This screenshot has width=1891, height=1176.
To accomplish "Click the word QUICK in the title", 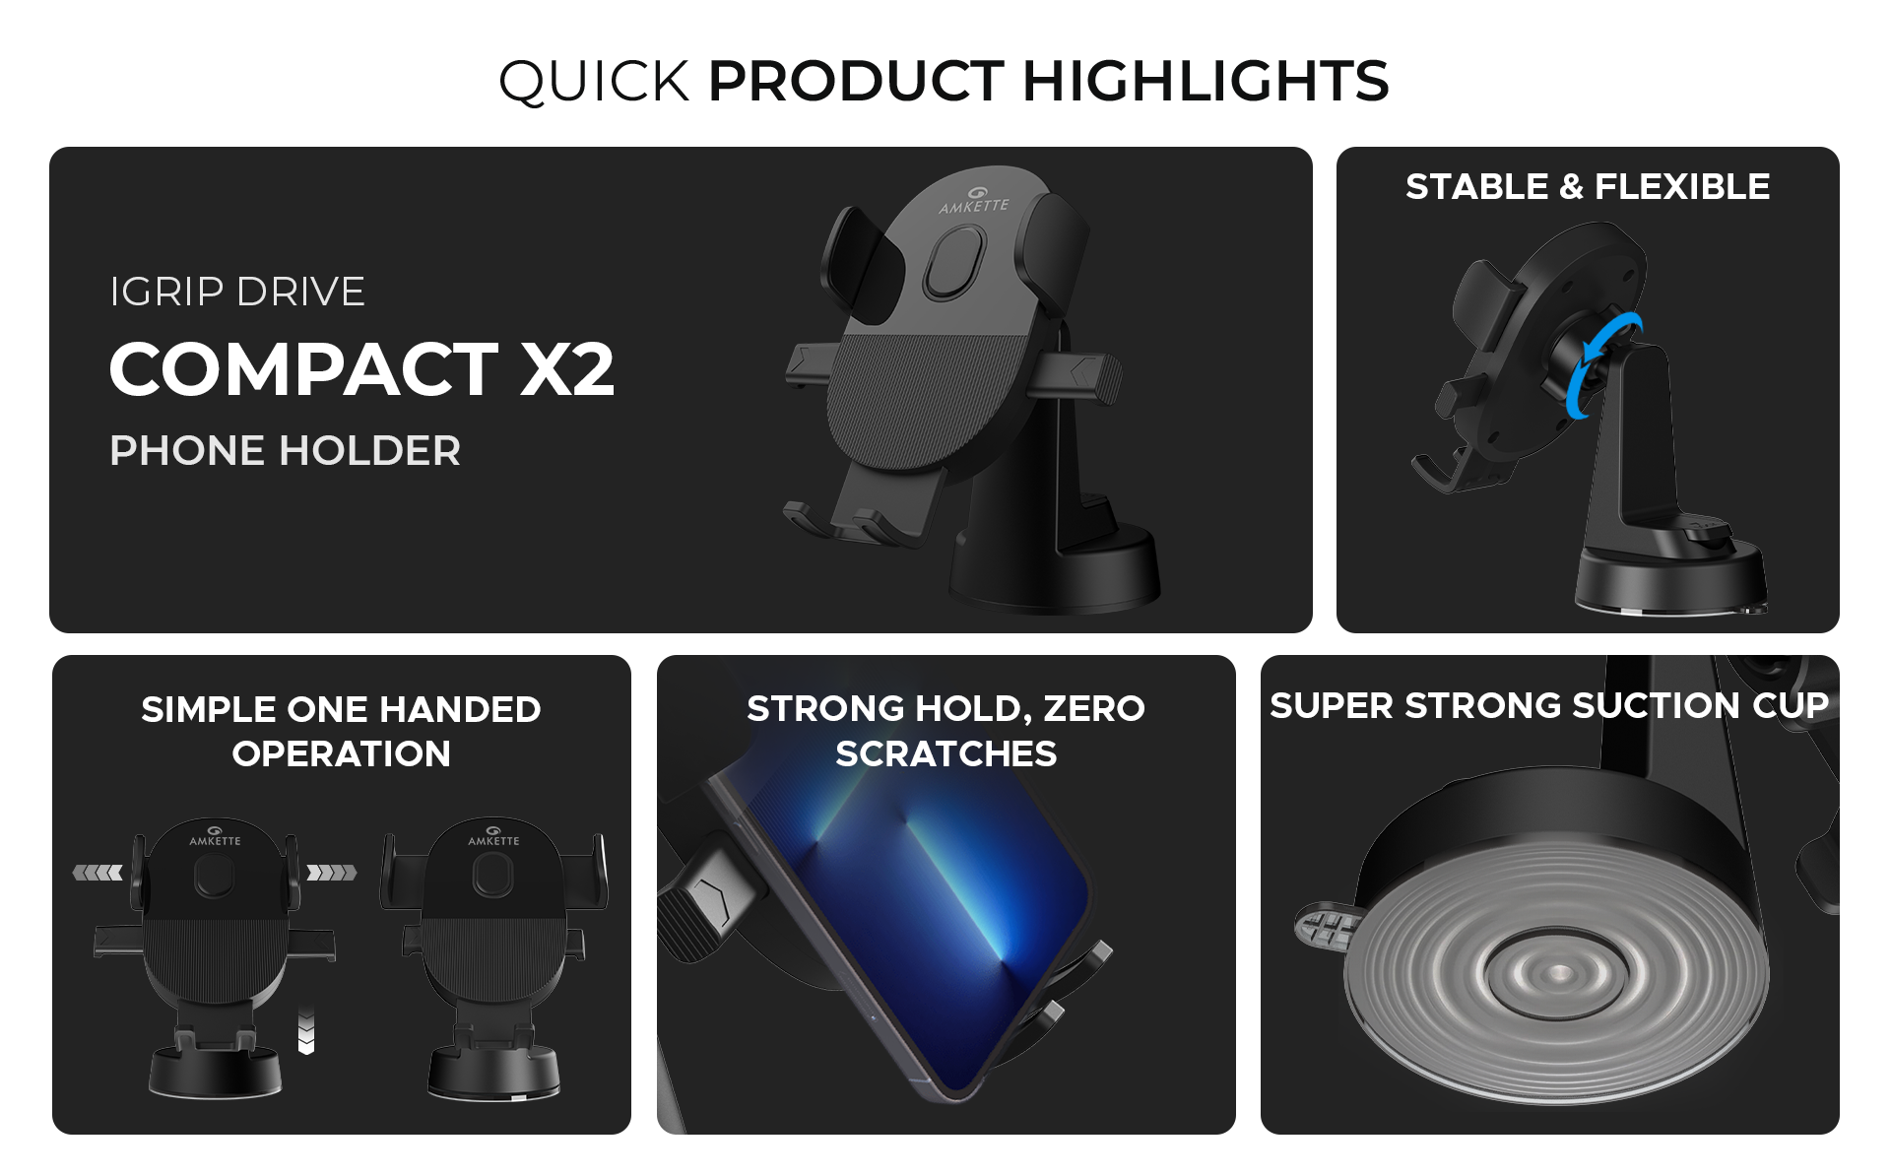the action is click(x=594, y=82).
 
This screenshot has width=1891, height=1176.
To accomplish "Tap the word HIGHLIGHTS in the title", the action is click(x=1206, y=80).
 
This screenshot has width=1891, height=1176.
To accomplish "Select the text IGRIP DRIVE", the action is click(x=237, y=292).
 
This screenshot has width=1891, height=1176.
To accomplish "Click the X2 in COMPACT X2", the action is click(x=567, y=369).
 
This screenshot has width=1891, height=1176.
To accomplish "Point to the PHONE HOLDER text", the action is click(x=285, y=450).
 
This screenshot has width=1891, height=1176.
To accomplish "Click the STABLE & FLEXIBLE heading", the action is click(x=1588, y=186).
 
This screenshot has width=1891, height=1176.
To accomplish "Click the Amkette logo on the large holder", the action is click(x=974, y=200).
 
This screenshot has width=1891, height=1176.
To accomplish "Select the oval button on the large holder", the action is click(x=954, y=263).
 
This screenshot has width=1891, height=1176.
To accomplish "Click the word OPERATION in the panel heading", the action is click(x=341, y=753).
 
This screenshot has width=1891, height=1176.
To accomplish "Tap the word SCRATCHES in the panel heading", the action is click(x=945, y=753).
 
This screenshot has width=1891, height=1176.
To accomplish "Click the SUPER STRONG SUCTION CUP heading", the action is click(x=1549, y=705).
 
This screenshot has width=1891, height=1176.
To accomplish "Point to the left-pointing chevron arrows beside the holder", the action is click(x=98, y=873).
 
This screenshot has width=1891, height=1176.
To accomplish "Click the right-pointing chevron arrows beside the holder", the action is click(x=332, y=873).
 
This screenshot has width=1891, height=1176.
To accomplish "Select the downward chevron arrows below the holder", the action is click(x=306, y=1031).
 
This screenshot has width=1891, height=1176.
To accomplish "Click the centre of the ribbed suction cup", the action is click(x=1556, y=973).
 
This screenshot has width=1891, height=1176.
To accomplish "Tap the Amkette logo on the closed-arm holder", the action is click(x=493, y=836).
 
